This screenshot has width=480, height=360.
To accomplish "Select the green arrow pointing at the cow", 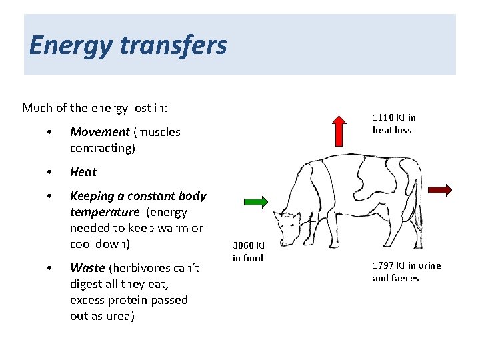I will coord(255,202).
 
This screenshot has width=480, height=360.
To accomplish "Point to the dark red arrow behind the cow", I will coord(440,190).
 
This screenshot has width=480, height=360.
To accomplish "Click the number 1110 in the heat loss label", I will coord(383,118).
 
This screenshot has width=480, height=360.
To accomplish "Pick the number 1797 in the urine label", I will coord(384,265).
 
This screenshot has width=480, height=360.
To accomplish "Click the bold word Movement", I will coord(99,132).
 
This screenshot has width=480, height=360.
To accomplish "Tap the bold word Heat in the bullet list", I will coord(83,172).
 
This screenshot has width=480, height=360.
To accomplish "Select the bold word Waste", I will coord(87,268).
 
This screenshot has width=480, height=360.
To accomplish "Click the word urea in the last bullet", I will coord(121,316).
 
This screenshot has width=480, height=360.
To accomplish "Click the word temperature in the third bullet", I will coord(105,212).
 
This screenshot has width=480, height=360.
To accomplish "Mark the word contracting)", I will coord(102,148).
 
